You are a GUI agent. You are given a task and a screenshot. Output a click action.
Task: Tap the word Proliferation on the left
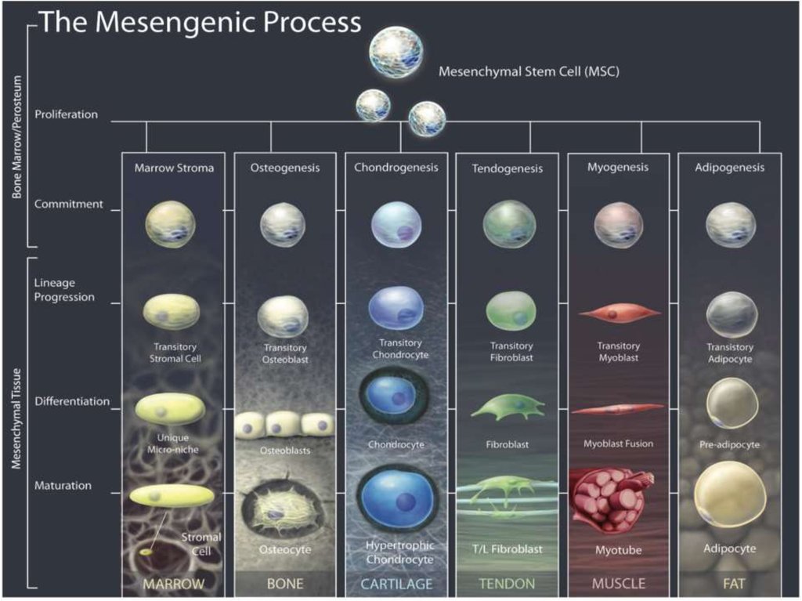click(x=67, y=114)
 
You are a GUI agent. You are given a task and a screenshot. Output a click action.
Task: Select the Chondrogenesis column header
click(x=396, y=167)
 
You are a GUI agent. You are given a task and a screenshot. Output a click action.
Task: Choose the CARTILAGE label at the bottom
click(x=396, y=584)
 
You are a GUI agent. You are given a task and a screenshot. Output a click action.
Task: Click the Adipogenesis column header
click(x=731, y=167)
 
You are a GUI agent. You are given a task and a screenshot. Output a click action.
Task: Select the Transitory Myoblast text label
click(x=618, y=352)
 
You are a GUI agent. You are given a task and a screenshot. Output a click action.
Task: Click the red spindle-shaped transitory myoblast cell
click(x=619, y=313)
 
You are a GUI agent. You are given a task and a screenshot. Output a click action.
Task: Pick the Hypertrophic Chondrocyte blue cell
click(x=397, y=500)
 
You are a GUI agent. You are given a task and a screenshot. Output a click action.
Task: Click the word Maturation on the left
click(x=63, y=486)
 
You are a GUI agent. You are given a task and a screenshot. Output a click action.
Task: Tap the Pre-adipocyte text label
click(x=730, y=444)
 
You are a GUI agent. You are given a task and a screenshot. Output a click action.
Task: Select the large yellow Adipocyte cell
click(x=730, y=494)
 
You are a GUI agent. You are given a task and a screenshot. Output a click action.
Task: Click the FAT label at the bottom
click(x=730, y=584)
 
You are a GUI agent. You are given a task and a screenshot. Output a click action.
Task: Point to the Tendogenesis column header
click(x=507, y=168)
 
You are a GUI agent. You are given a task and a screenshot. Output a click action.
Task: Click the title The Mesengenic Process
click(x=200, y=23)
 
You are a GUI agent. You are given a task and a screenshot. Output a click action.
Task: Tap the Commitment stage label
click(x=69, y=205)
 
